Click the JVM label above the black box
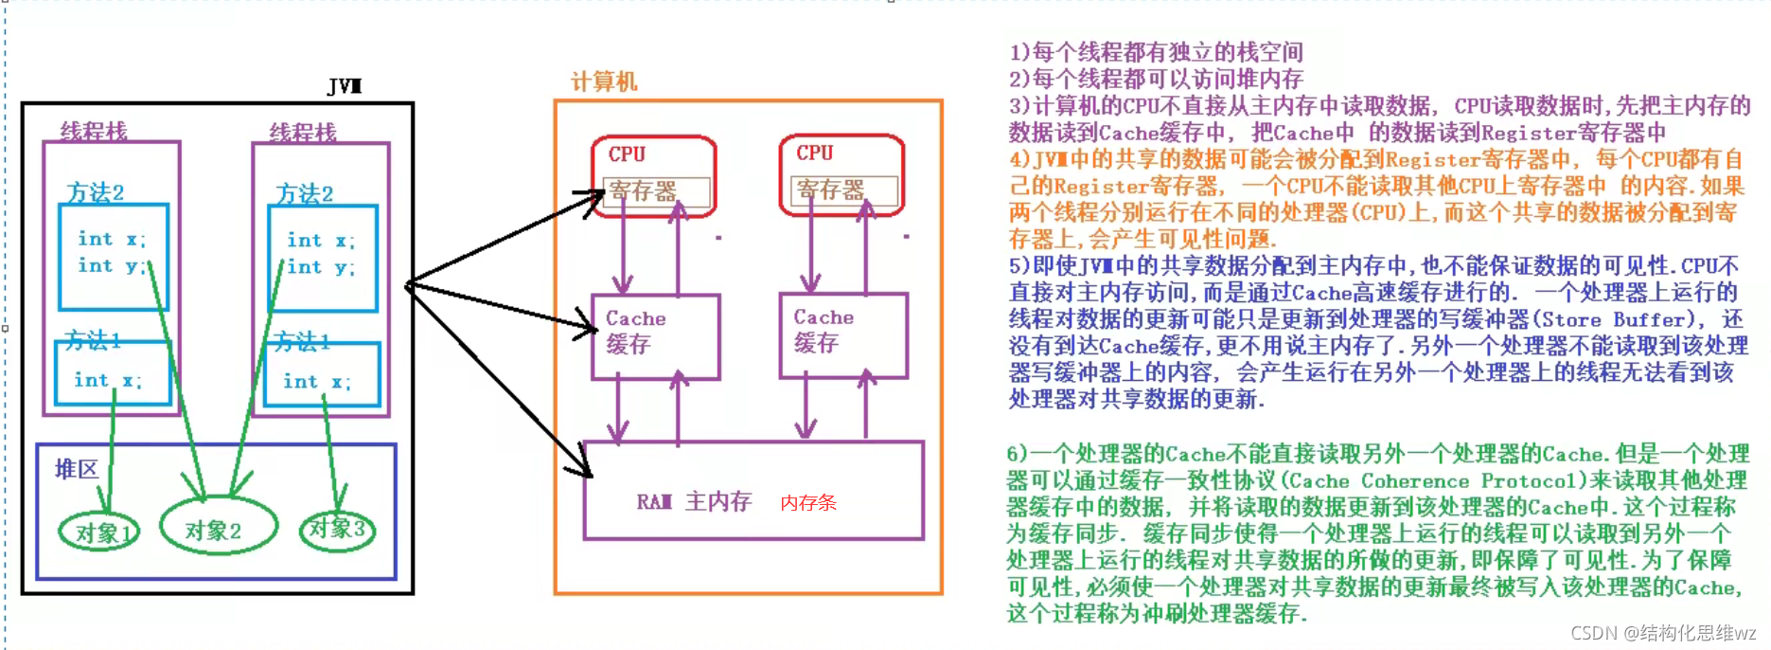[x=345, y=86]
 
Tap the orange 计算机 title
[x=603, y=81]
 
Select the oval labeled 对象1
[x=98, y=533]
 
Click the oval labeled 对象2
[x=217, y=529]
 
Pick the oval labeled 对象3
[x=337, y=528]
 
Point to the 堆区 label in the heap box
[x=76, y=469]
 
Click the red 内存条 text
[x=807, y=503]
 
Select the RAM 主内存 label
[x=694, y=501]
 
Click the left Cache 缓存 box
[x=655, y=336]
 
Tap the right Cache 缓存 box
[x=842, y=335]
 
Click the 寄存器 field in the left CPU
[x=656, y=192]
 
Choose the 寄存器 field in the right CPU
[x=842, y=191]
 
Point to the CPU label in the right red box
[x=814, y=153]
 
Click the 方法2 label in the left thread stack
[x=96, y=193]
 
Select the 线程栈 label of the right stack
[x=303, y=133]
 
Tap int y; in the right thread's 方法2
[x=321, y=267]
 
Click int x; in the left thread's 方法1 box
[x=108, y=380]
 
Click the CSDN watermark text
[x=1662, y=633]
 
